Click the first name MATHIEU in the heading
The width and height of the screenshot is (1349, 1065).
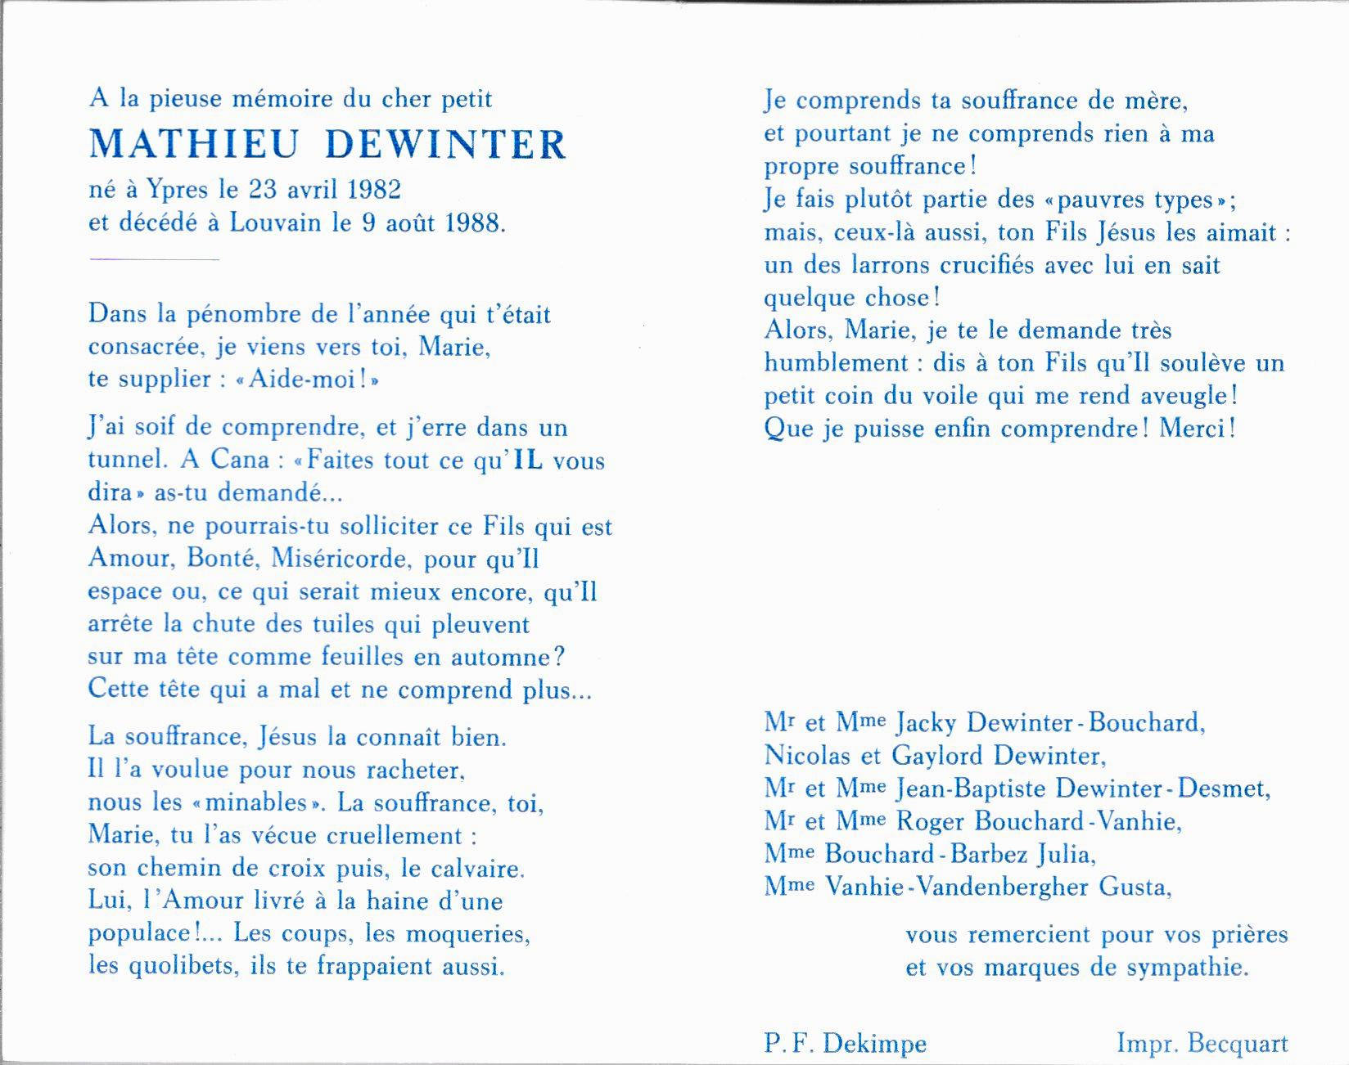pyautogui.click(x=193, y=145)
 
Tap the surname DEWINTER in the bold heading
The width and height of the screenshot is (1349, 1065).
pyautogui.click(x=445, y=145)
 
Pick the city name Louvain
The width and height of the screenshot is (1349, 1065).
pyautogui.click(x=275, y=222)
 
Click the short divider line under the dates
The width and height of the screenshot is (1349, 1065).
pyautogui.click(x=154, y=258)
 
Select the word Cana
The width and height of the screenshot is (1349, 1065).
pyautogui.click(x=240, y=460)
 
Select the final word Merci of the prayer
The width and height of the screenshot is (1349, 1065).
pyautogui.click(x=1192, y=429)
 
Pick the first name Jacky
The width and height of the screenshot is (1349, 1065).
pyautogui.click(x=927, y=722)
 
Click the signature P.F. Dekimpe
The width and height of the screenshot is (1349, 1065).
pyautogui.click(x=846, y=1044)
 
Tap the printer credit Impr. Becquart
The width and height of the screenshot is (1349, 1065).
pyautogui.click(x=1202, y=1044)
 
